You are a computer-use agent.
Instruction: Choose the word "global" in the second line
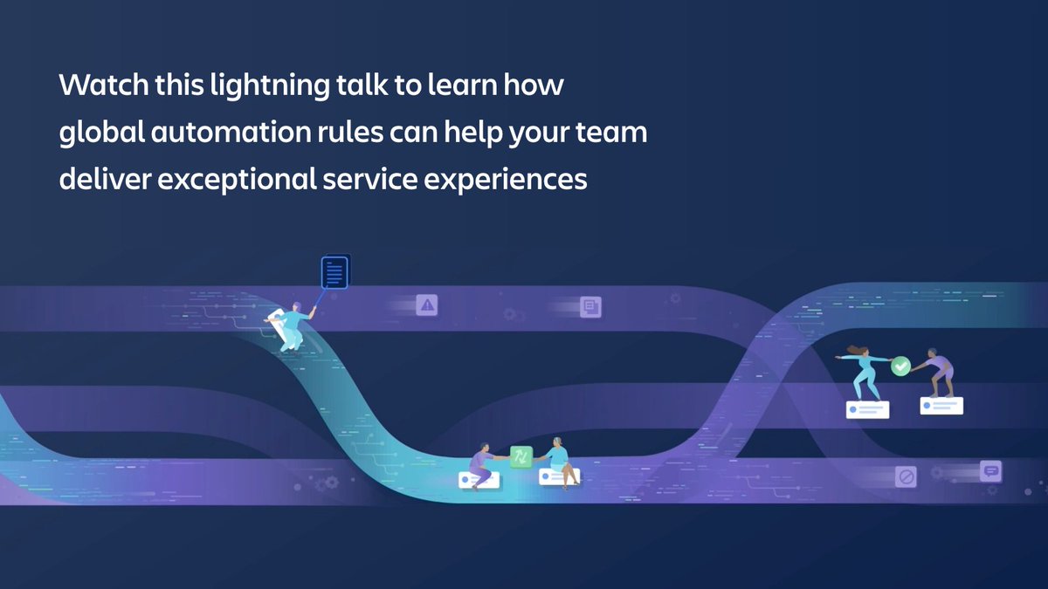(98, 134)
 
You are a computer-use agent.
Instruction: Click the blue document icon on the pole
(334, 271)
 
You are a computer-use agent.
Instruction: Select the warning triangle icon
(427, 305)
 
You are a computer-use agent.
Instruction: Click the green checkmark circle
(900, 366)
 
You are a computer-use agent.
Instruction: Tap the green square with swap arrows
(521, 456)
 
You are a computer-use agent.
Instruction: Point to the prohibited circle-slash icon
(906, 477)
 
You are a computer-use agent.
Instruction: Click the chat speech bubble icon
(990, 470)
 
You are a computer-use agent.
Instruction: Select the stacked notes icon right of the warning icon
(590, 306)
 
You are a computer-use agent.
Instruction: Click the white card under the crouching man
(941, 405)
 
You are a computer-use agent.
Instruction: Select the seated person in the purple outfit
(479, 462)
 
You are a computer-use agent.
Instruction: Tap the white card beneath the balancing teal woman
(867, 409)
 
